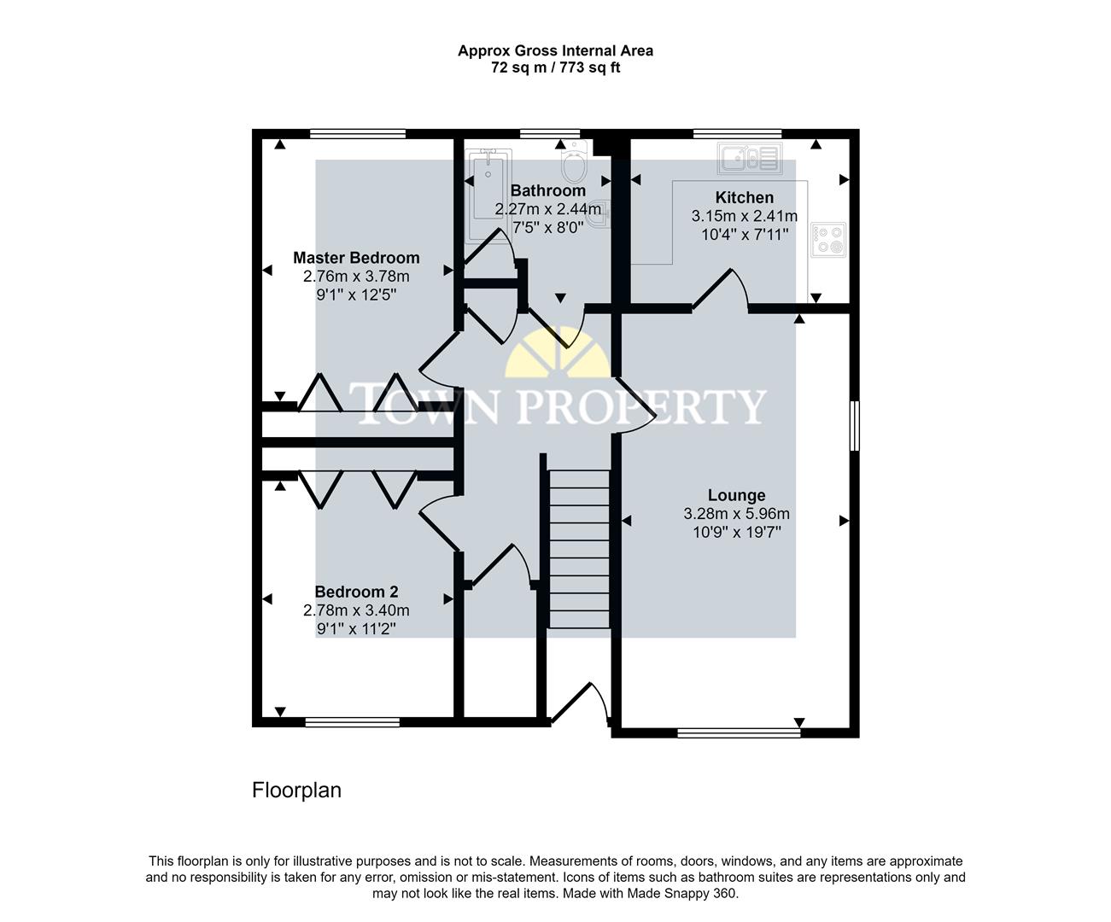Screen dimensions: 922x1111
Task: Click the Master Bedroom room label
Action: pyautogui.click(x=356, y=258)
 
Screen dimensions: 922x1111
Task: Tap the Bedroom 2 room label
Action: pyautogui.click(x=356, y=592)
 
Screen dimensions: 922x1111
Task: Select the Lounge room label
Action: pyautogui.click(x=736, y=495)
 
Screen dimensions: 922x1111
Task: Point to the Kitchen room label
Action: pyautogui.click(x=744, y=197)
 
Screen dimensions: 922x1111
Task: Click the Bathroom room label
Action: pyautogui.click(x=547, y=190)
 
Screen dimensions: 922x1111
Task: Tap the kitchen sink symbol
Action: pyautogui.click(x=750, y=158)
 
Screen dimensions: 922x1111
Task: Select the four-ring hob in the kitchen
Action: pyautogui.click(x=827, y=239)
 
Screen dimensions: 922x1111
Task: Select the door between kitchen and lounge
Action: pyautogui.click(x=721, y=290)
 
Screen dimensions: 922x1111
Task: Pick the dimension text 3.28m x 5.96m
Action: pyautogui.click(x=736, y=514)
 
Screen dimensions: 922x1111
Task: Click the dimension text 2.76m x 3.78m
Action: pyautogui.click(x=356, y=277)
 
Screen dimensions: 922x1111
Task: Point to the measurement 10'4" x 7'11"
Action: pyautogui.click(x=744, y=234)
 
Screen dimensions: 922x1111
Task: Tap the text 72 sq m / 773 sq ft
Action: pyautogui.click(x=555, y=68)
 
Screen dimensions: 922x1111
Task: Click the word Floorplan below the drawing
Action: pyautogui.click(x=296, y=791)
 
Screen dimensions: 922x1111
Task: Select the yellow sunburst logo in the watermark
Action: pyautogui.click(x=556, y=356)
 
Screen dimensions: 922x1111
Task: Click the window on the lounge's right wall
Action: pyautogui.click(x=854, y=424)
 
